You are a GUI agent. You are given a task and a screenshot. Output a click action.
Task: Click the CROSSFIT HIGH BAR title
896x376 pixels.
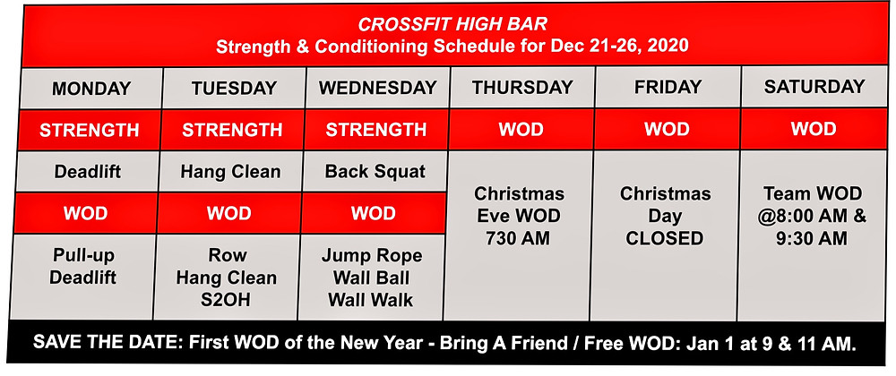(452, 24)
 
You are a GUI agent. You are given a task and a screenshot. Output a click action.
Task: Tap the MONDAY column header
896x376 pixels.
(91, 89)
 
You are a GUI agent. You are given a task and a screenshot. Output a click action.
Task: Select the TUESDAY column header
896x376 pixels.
(234, 89)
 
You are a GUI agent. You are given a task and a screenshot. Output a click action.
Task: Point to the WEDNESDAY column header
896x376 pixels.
(378, 88)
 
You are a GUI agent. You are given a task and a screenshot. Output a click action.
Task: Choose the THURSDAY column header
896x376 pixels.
(522, 88)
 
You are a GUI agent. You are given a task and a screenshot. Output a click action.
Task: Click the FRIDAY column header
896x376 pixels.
(668, 87)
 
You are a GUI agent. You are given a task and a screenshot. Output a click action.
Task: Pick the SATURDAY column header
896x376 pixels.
(814, 86)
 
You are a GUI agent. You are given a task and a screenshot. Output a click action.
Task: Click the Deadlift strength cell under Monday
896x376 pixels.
(88, 172)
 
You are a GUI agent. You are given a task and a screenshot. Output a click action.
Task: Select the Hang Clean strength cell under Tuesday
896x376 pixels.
(231, 172)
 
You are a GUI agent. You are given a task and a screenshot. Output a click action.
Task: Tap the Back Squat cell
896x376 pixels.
(375, 172)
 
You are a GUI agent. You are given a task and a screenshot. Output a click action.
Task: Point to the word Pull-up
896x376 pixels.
(84, 255)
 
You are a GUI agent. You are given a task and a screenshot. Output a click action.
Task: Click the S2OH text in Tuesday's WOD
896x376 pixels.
(226, 300)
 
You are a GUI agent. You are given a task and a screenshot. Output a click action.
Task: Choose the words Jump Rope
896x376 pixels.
(372, 256)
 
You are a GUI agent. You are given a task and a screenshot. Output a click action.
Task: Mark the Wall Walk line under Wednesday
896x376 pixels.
(371, 300)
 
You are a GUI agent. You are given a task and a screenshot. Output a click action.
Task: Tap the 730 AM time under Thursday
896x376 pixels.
(519, 238)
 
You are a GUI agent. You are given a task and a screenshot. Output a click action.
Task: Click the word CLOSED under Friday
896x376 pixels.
(665, 238)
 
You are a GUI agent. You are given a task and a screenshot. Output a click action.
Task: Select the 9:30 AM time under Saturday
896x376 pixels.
(812, 237)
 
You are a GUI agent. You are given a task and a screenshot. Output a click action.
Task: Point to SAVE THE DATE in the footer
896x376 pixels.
(107, 343)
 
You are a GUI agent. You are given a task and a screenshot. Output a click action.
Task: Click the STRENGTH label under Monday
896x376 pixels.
(89, 130)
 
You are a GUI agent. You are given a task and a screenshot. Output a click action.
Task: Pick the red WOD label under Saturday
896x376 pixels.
(814, 128)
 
